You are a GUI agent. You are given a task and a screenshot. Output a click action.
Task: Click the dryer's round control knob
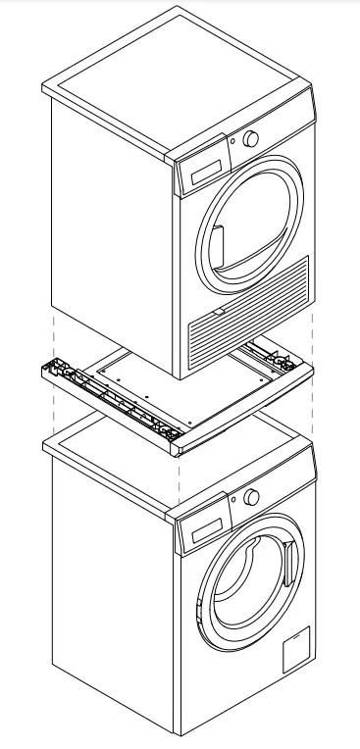click(252, 139)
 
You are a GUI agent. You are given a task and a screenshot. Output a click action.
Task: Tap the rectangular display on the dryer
click(201, 174)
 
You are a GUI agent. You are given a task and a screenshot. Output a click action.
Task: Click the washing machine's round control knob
click(252, 496)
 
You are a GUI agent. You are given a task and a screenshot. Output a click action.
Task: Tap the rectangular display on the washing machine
click(200, 532)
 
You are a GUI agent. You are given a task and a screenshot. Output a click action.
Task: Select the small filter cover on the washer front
click(295, 648)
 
